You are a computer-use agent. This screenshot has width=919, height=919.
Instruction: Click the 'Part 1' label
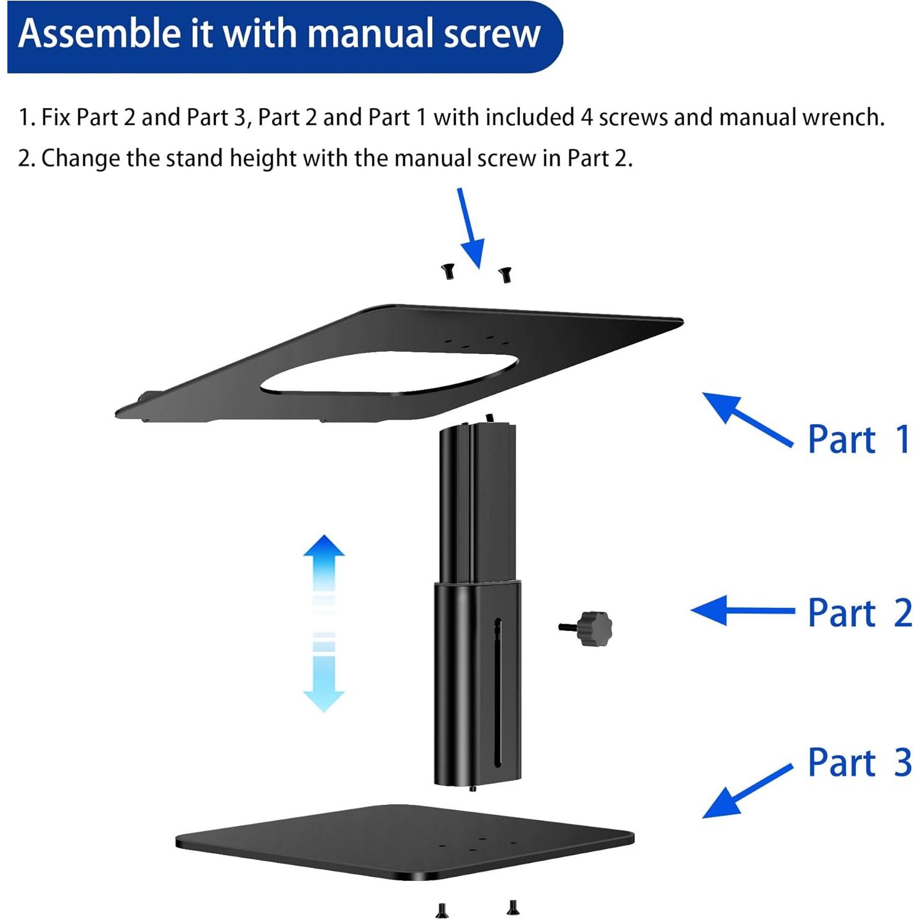[858, 440]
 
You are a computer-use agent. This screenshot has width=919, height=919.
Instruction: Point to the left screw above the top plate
[448, 271]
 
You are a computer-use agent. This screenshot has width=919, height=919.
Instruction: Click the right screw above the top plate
[505, 274]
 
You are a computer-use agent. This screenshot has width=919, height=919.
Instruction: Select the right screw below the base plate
[513, 907]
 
